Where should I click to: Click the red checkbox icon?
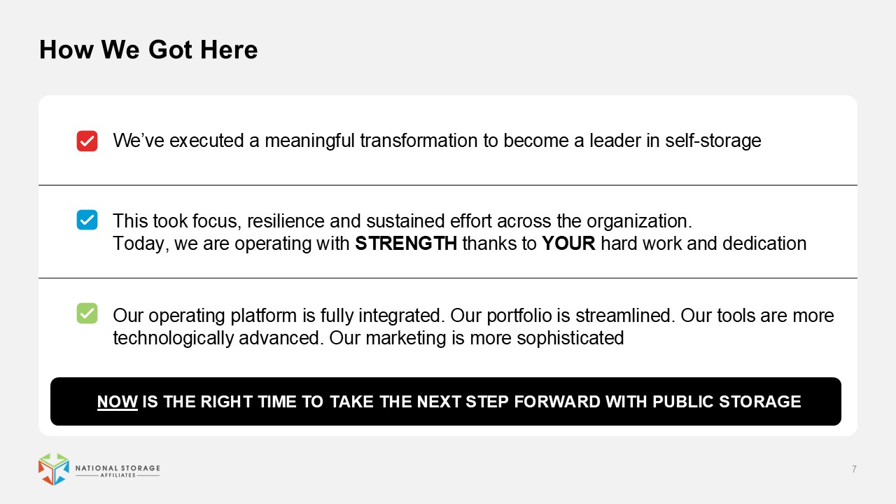tap(87, 141)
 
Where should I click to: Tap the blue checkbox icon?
tap(87, 220)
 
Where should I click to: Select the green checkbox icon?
tap(87, 313)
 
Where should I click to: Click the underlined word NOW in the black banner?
tap(117, 402)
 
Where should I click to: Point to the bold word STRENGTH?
tap(406, 243)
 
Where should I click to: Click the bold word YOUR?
tap(568, 243)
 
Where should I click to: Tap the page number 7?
tap(854, 469)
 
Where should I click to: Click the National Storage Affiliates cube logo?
tap(54, 469)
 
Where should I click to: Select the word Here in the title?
tap(229, 50)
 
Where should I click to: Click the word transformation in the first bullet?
tap(419, 141)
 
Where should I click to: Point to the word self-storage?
tap(713, 141)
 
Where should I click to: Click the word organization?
tap(639, 221)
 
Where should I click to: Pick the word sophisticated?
tap(570, 338)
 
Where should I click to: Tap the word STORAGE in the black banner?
tap(759, 402)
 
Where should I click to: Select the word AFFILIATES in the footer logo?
tap(118, 475)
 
